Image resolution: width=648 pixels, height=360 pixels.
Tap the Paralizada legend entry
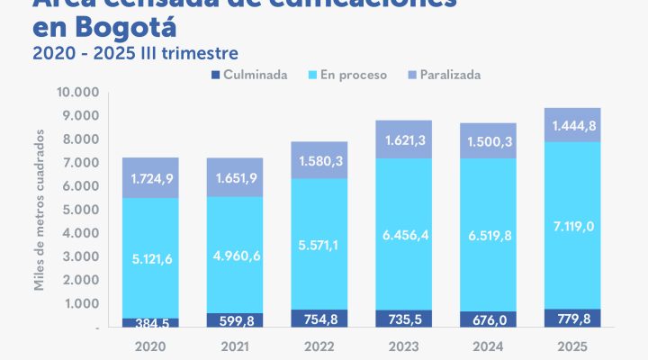point(442,75)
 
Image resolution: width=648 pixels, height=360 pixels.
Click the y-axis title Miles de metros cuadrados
point(40,211)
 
